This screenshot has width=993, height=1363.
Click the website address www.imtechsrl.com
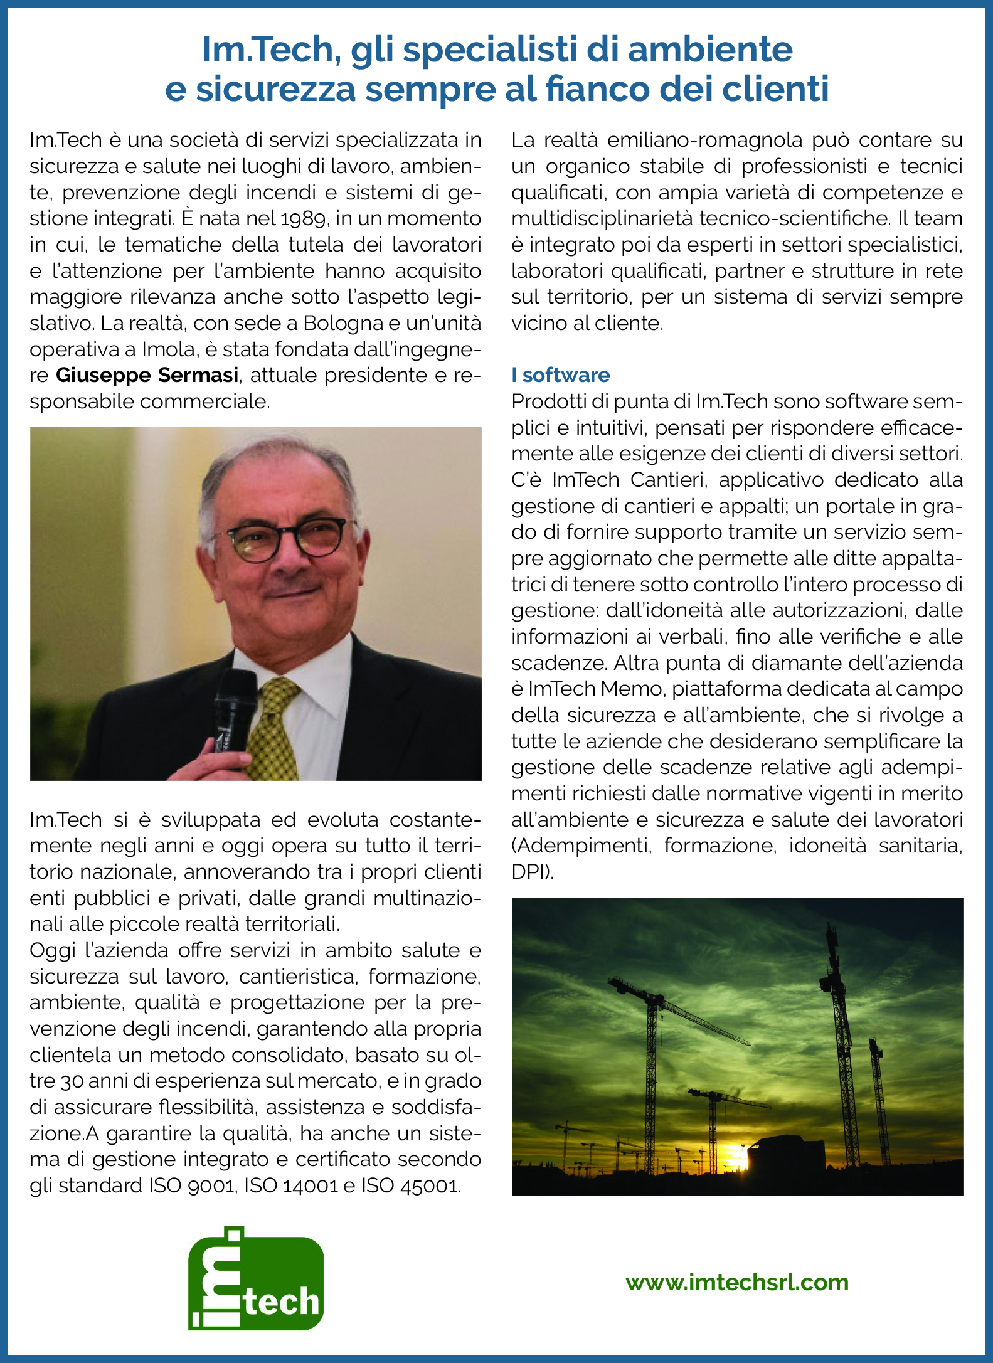(737, 1282)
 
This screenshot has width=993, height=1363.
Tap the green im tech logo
(256, 1280)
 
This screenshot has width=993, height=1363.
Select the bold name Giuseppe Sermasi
(147, 375)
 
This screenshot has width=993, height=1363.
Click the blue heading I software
(561, 375)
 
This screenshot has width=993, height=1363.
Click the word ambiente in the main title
(710, 50)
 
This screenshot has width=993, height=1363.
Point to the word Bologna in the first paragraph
(343, 323)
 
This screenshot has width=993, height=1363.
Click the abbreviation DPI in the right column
(529, 872)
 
